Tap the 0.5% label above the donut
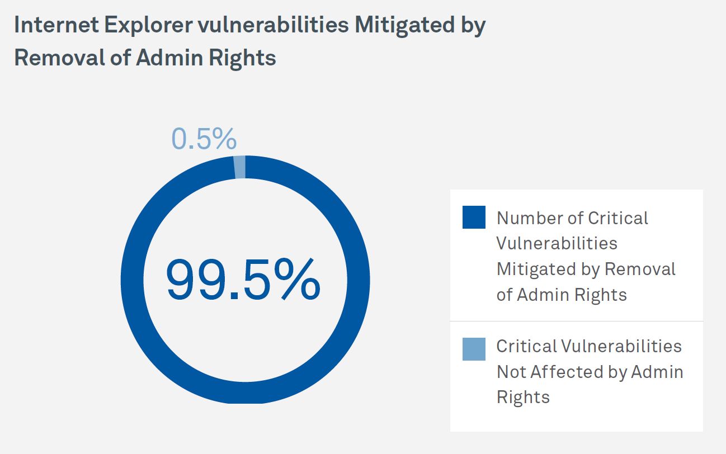click(x=204, y=139)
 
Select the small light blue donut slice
click(x=240, y=167)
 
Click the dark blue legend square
click(x=474, y=217)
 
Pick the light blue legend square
click(x=474, y=349)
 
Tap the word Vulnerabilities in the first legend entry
click(x=557, y=244)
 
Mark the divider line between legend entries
click(x=576, y=321)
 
